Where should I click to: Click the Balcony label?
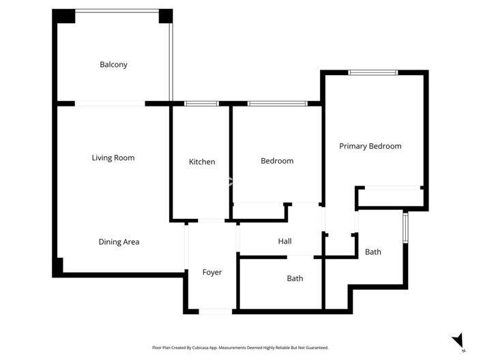click(113, 65)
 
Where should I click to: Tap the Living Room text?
click(113, 157)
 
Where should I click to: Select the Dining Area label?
click(119, 241)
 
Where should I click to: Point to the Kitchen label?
click(202, 162)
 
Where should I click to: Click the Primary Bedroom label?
click(370, 146)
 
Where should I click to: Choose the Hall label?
click(285, 241)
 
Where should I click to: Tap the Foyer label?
click(212, 272)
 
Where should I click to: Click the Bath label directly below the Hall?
click(295, 278)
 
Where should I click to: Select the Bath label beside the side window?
click(373, 252)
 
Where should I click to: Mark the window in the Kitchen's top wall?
click(201, 104)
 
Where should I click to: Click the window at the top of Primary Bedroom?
click(373, 72)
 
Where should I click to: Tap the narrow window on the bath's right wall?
click(405, 228)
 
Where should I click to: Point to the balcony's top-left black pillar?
click(64, 16)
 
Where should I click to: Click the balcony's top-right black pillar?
click(166, 16)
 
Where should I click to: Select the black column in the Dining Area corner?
click(59, 265)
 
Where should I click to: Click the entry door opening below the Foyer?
click(216, 311)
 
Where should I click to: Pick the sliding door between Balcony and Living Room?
click(110, 104)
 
